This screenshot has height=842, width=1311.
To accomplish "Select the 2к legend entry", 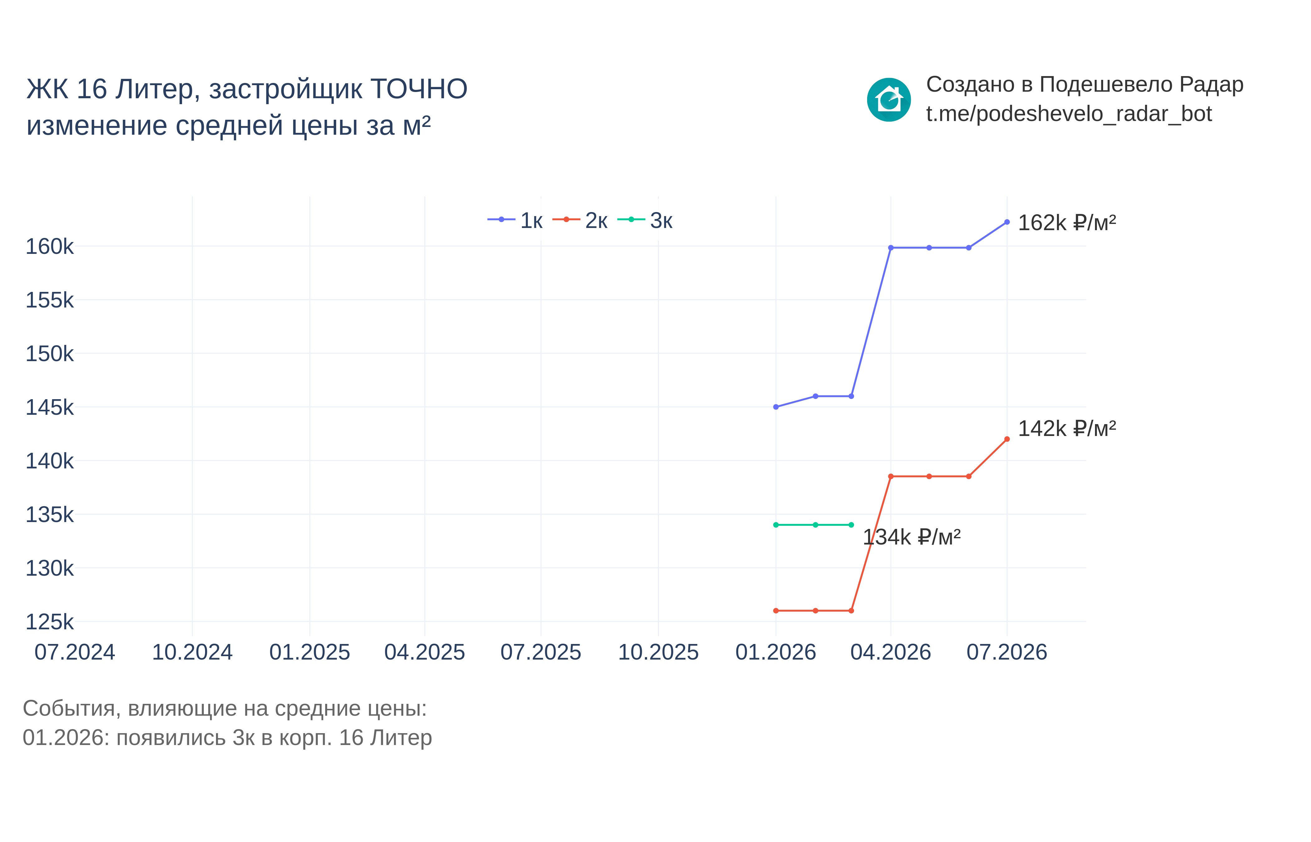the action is click(580, 220).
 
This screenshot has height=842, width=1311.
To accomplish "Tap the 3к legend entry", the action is click(645, 220).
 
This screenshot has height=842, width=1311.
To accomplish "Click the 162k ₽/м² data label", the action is click(1067, 223).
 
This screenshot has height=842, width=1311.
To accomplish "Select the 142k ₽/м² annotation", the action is click(1067, 429).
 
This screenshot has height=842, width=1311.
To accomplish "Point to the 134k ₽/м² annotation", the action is click(911, 537).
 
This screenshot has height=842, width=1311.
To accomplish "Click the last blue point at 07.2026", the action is click(1007, 222).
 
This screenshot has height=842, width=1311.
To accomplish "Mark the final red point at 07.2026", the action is click(1007, 439).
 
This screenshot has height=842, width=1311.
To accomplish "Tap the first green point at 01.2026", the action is click(776, 525).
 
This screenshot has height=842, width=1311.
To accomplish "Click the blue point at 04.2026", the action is click(891, 248).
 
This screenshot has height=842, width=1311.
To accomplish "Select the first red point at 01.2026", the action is click(776, 611).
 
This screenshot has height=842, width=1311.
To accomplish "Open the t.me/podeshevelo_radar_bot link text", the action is click(1069, 114).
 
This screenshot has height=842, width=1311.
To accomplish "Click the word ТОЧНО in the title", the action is click(419, 89).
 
